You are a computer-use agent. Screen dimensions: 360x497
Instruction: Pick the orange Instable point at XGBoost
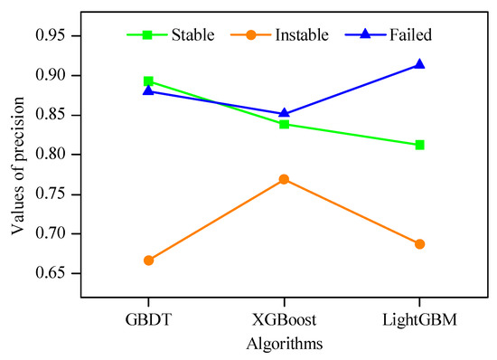tap(284, 179)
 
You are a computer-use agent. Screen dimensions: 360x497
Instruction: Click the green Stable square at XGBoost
tap(284, 124)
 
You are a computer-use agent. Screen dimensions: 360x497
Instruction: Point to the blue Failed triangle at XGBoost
tap(284, 113)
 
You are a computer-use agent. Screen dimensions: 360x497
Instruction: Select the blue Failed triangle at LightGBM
tap(419, 64)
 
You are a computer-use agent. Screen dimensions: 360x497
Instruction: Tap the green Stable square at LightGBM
tap(419, 145)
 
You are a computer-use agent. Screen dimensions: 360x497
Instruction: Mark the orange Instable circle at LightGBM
tap(419, 244)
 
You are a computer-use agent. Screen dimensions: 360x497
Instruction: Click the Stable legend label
tap(192, 35)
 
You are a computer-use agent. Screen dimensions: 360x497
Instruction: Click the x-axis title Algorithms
tap(284, 344)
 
